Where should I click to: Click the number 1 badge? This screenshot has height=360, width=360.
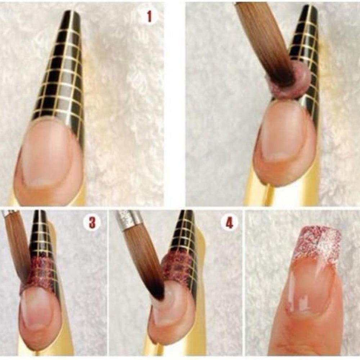[x=149, y=16]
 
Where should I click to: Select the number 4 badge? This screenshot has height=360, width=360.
[x=229, y=223]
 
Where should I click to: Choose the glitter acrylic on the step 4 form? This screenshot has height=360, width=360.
[x=180, y=266]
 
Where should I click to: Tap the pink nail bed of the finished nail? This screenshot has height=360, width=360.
[x=310, y=288]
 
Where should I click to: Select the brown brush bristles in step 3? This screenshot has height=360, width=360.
[x=18, y=245]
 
